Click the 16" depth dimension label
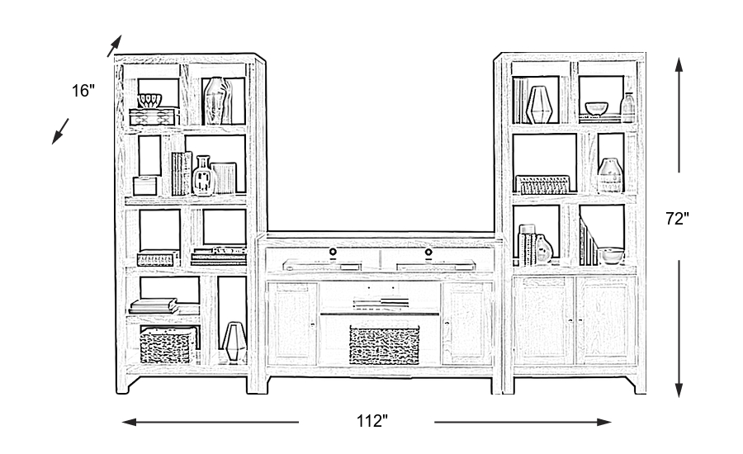pos(83,91)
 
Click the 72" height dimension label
pos(678,219)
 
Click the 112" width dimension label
pos(372,421)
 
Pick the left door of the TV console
pos(292,323)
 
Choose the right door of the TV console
pos(466,323)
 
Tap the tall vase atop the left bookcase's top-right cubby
pos(216,101)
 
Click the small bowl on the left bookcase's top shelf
pos(149,102)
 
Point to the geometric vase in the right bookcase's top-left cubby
pos(539,104)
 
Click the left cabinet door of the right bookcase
pos(543,319)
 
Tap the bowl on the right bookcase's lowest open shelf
pos(613,255)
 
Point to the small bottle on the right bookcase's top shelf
pos(629,107)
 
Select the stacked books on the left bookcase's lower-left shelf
pos(154,306)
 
